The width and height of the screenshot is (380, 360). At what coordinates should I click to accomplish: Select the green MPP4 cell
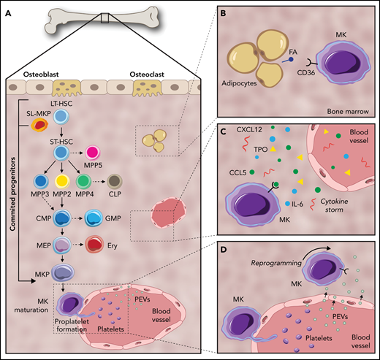[x=107, y=183]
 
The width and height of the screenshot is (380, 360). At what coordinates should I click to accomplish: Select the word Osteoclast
[x=144, y=74]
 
